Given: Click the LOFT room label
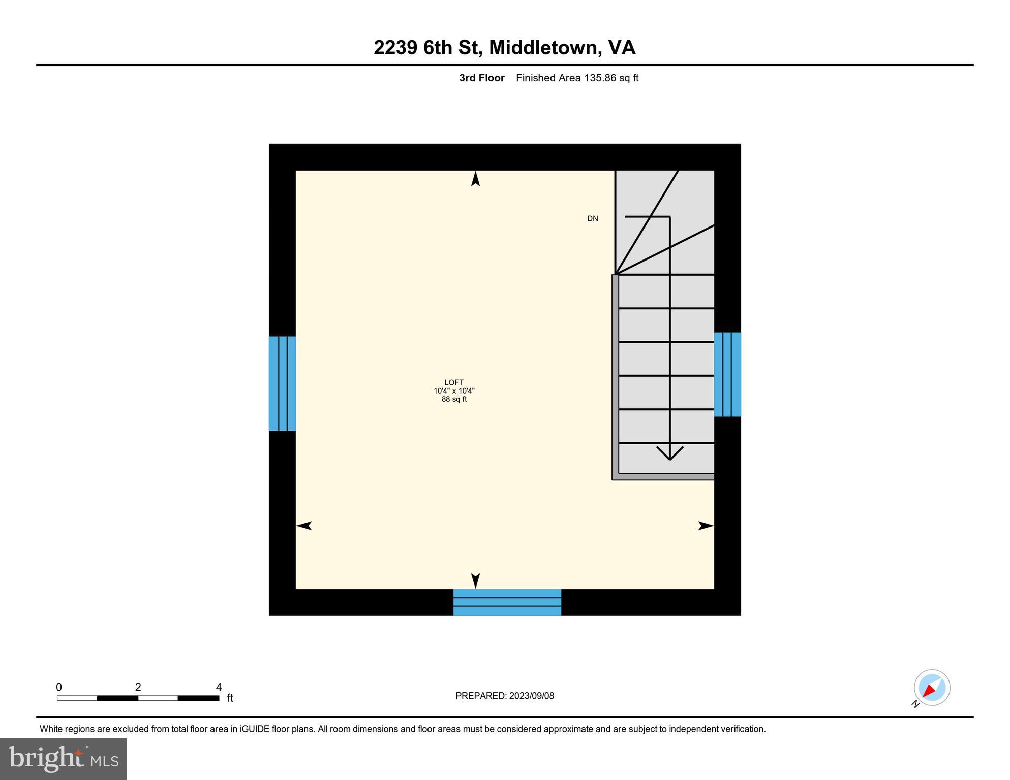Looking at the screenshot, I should tap(454, 382).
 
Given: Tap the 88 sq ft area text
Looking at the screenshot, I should tap(454, 399).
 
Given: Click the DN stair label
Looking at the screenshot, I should tap(592, 219).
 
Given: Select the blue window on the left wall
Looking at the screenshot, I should tap(282, 383).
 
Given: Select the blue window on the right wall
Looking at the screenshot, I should tap(727, 374).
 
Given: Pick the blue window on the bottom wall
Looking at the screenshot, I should tap(507, 602).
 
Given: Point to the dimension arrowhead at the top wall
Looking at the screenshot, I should tap(475, 179).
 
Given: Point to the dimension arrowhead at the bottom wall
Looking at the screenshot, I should tap(475, 581).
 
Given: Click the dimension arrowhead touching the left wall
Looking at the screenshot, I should tap(304, 526).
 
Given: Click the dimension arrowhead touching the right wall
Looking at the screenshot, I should tap(706, 526).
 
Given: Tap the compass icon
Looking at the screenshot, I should tap(932, 688).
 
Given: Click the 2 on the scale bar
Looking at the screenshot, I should tap(138, 687).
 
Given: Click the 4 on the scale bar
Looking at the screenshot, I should tap(219, 687).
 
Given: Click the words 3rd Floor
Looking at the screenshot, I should tap(481, 78).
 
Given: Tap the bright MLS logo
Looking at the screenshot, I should tap(64, 759).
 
